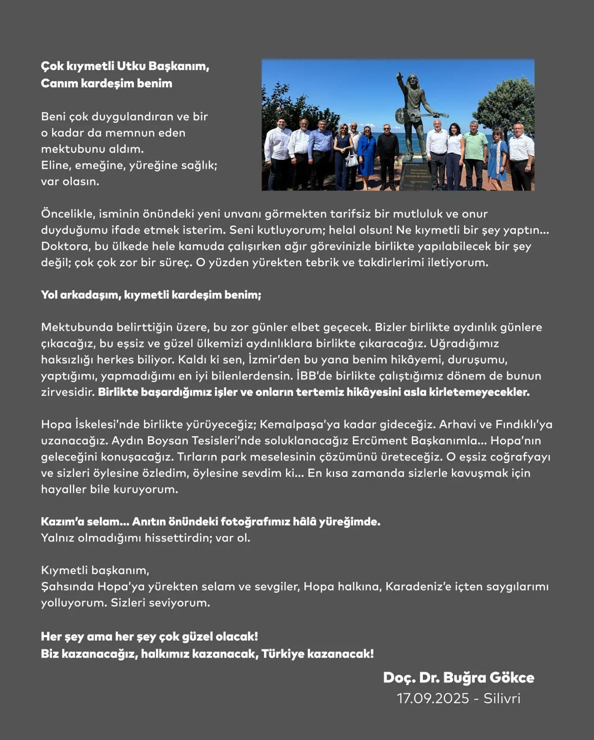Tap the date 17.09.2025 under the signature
[433, 698]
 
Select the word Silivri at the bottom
[502, 698]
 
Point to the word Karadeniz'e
[418, 587]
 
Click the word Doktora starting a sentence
[65, 246]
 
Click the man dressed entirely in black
[387, 155]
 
